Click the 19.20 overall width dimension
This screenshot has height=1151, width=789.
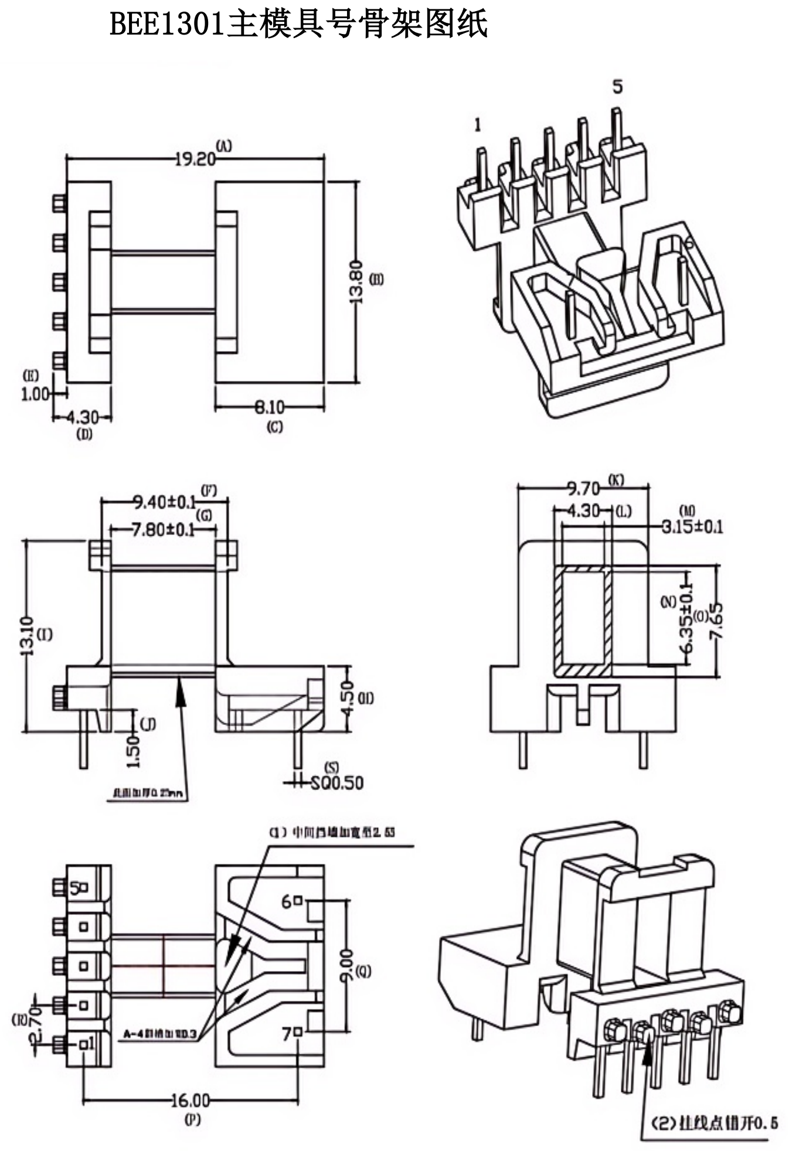pyautogui.click(x=195, y=159)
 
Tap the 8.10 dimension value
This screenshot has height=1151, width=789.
pyautogui.click(x=269, y=407)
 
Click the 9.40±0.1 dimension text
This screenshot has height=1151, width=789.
pyautogui.click(x=164, y=502)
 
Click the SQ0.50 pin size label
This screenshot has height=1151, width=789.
pyautogui.click(x=336, y=782)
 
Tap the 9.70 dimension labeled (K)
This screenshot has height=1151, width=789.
pyautogui.click(x=583, y=488)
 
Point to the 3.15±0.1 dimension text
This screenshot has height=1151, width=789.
pyautogui.click(x=692, y=526)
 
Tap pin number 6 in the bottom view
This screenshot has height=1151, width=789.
pyautogui.click(x=287, y=902)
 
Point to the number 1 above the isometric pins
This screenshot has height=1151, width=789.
pyautogui.click(x=478, y=124)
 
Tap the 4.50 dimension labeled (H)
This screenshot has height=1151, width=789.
pyautogui.click(x=346, y=698)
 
